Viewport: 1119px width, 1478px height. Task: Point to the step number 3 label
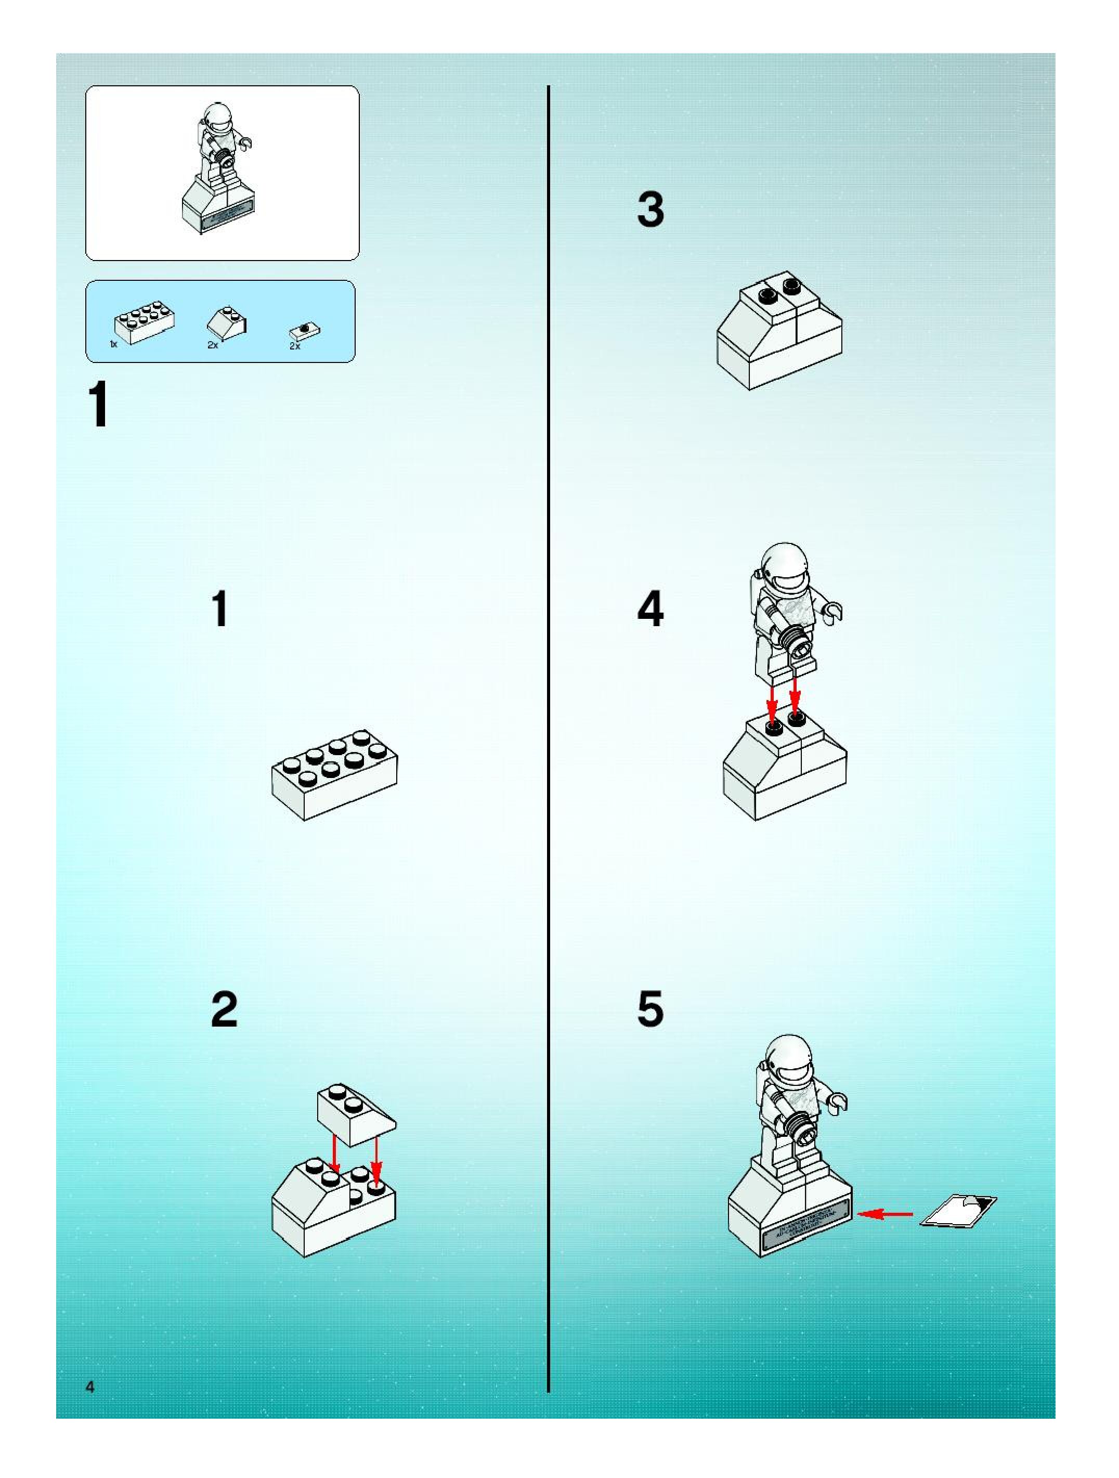[650, 209]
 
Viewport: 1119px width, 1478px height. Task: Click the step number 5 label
[650, 1009]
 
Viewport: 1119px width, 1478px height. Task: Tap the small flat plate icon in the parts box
[305, 329]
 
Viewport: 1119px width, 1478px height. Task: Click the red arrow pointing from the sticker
[884, 1213]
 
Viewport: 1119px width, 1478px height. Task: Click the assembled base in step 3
[779, 331]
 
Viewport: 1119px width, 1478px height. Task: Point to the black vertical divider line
[549, 735]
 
